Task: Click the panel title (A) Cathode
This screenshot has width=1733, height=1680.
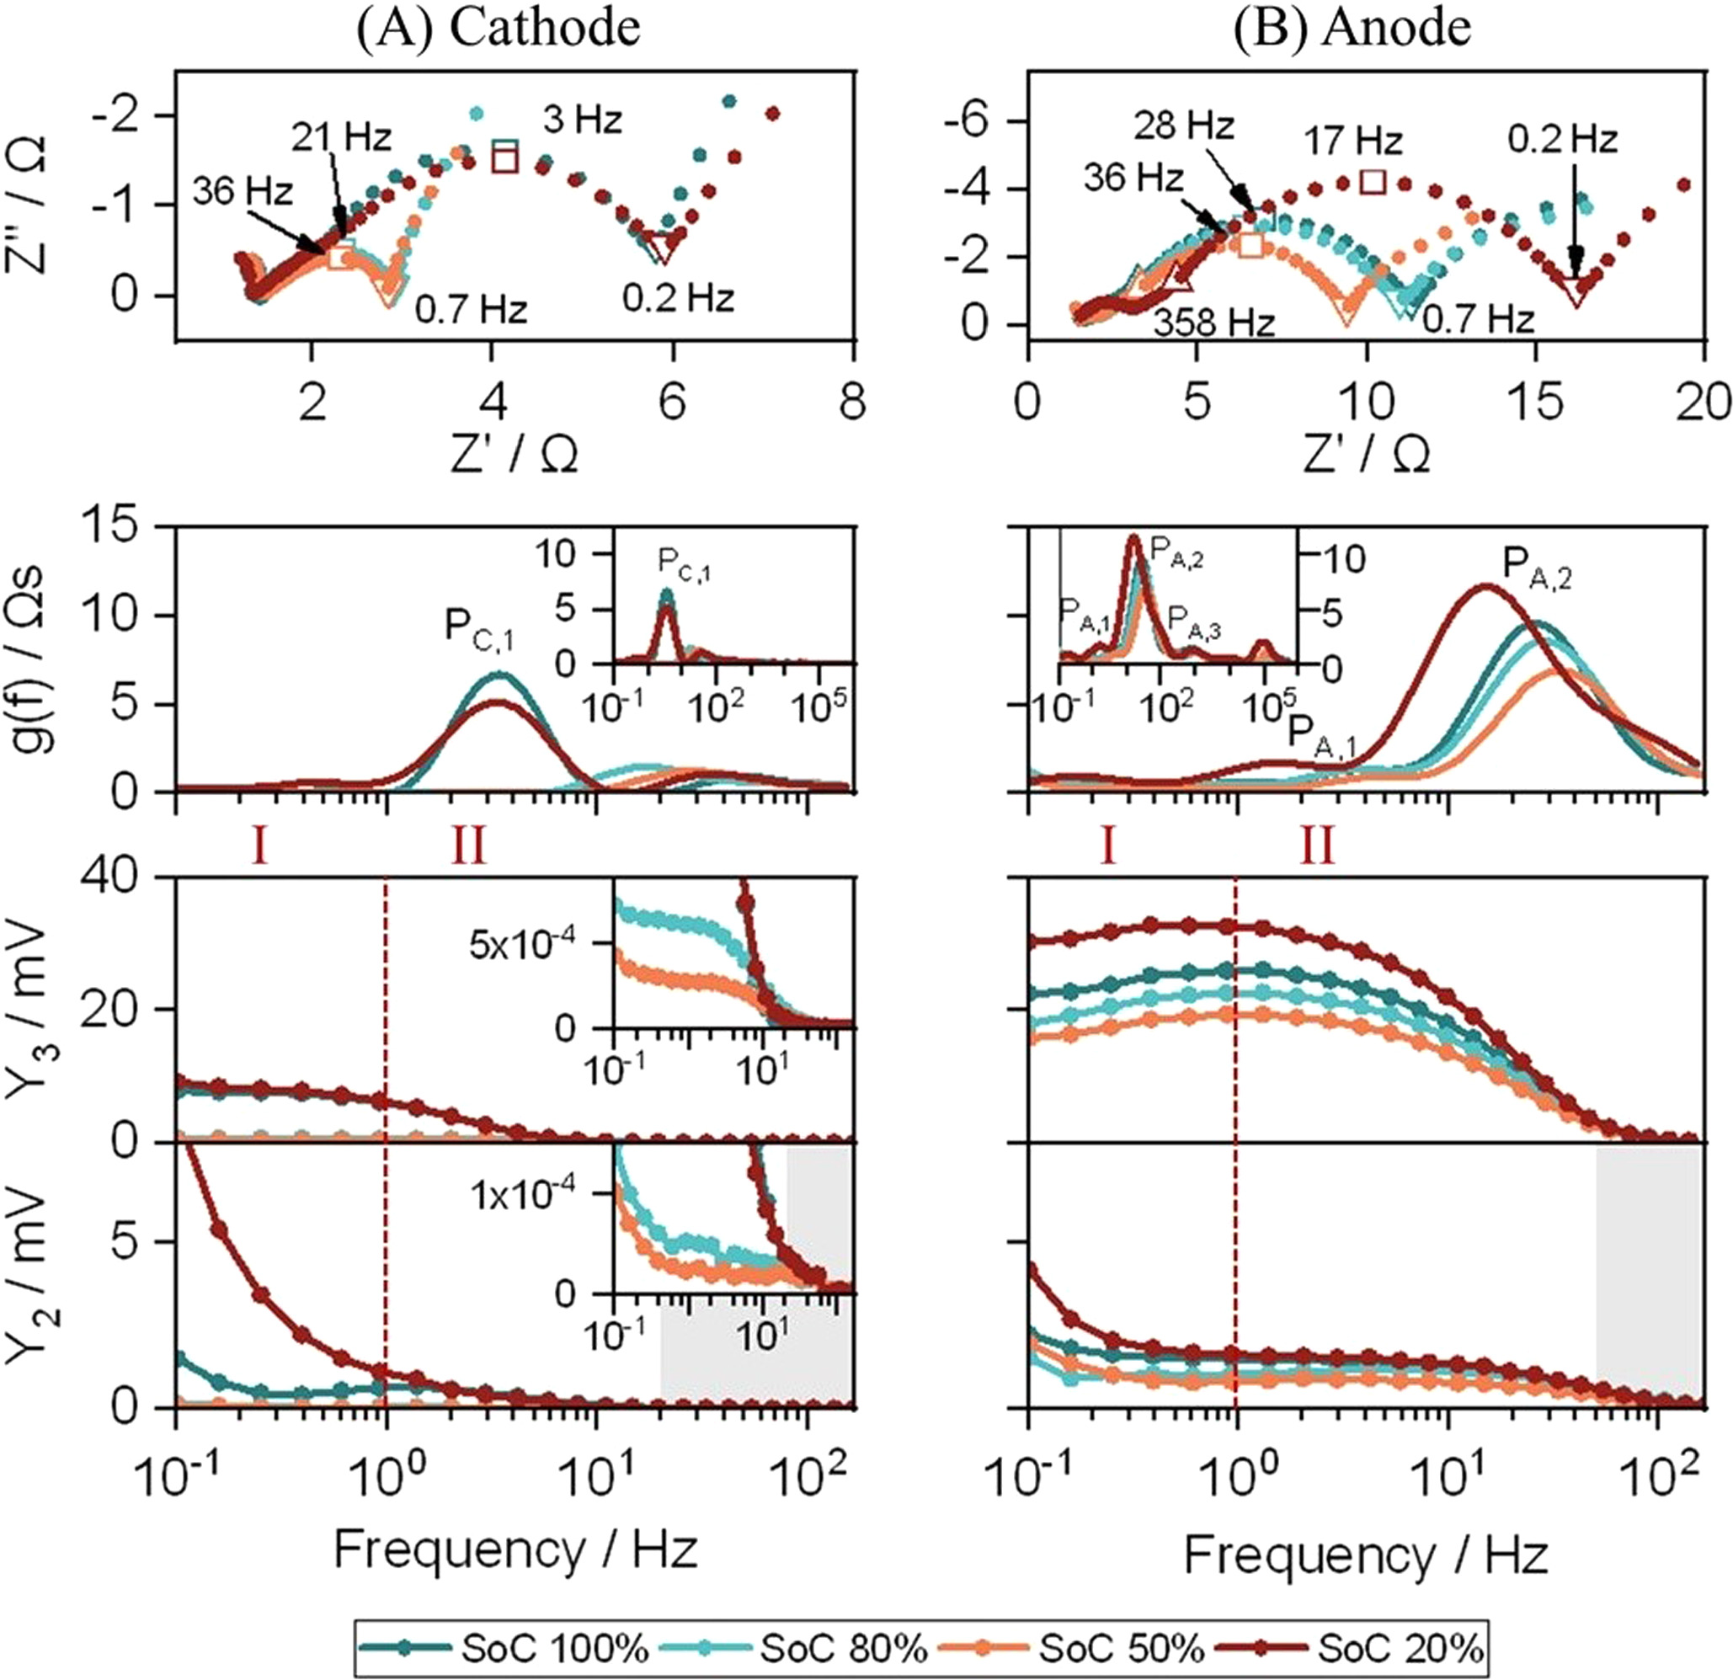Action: (x=498, y=29)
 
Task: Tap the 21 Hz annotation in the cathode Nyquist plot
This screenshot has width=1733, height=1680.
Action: (x=341, y=139)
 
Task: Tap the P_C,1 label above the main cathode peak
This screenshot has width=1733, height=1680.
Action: (x=478, y=630)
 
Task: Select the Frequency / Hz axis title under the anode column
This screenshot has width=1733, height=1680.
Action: (x=1366, y=1554)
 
